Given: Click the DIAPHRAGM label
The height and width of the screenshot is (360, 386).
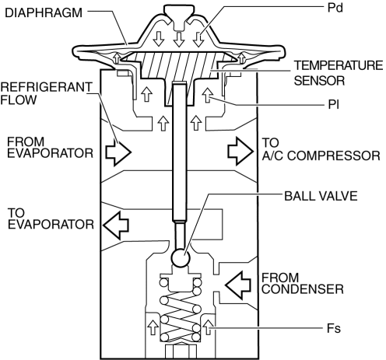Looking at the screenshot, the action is pos(44,13).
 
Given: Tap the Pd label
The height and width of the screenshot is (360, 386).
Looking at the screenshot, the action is pos(335,8).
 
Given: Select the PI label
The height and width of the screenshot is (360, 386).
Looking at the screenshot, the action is pos(333,105).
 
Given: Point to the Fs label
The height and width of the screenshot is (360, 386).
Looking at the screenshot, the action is pos(334,328).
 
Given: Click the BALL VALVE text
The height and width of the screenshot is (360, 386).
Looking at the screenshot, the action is pos(321,196).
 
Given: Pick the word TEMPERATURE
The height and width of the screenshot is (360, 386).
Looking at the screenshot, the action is pos(339,65).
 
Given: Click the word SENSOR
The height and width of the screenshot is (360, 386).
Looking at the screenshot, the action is pos(319,81).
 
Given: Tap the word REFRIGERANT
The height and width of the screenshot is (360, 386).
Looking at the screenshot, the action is pos(47,87).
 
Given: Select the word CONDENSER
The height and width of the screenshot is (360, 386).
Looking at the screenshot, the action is pos(303,289).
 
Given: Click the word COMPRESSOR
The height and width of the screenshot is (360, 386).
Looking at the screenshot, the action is pos(333,156).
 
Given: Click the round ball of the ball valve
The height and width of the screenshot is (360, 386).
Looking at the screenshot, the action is pos(181,258).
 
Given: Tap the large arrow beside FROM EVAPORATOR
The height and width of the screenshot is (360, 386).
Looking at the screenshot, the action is pos(118,152).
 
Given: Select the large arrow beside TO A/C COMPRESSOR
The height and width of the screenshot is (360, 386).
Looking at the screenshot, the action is pos(240,152).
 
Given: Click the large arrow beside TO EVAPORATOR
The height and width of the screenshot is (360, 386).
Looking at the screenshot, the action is pos(116,225).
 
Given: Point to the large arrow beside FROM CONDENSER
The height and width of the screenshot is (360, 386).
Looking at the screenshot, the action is pos(238,285).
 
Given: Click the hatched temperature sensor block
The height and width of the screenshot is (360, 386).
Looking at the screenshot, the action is pos(179,65).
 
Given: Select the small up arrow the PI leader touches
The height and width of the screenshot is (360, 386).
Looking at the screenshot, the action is pos(208,95).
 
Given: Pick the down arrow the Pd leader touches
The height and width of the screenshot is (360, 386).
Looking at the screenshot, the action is pos(198,40).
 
